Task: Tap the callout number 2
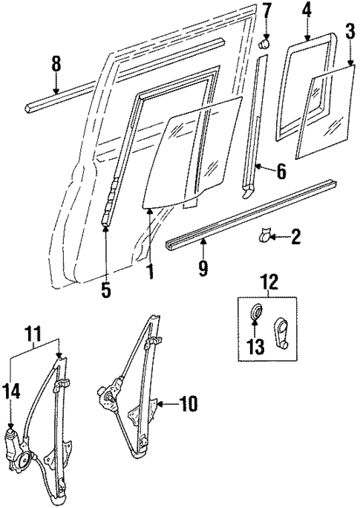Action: point(296,238)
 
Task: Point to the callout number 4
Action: point(307,10)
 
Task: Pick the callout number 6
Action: point(281,172)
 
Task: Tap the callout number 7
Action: point(267,10)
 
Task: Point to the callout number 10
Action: point(189,405)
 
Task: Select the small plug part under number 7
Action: point(264,45)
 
